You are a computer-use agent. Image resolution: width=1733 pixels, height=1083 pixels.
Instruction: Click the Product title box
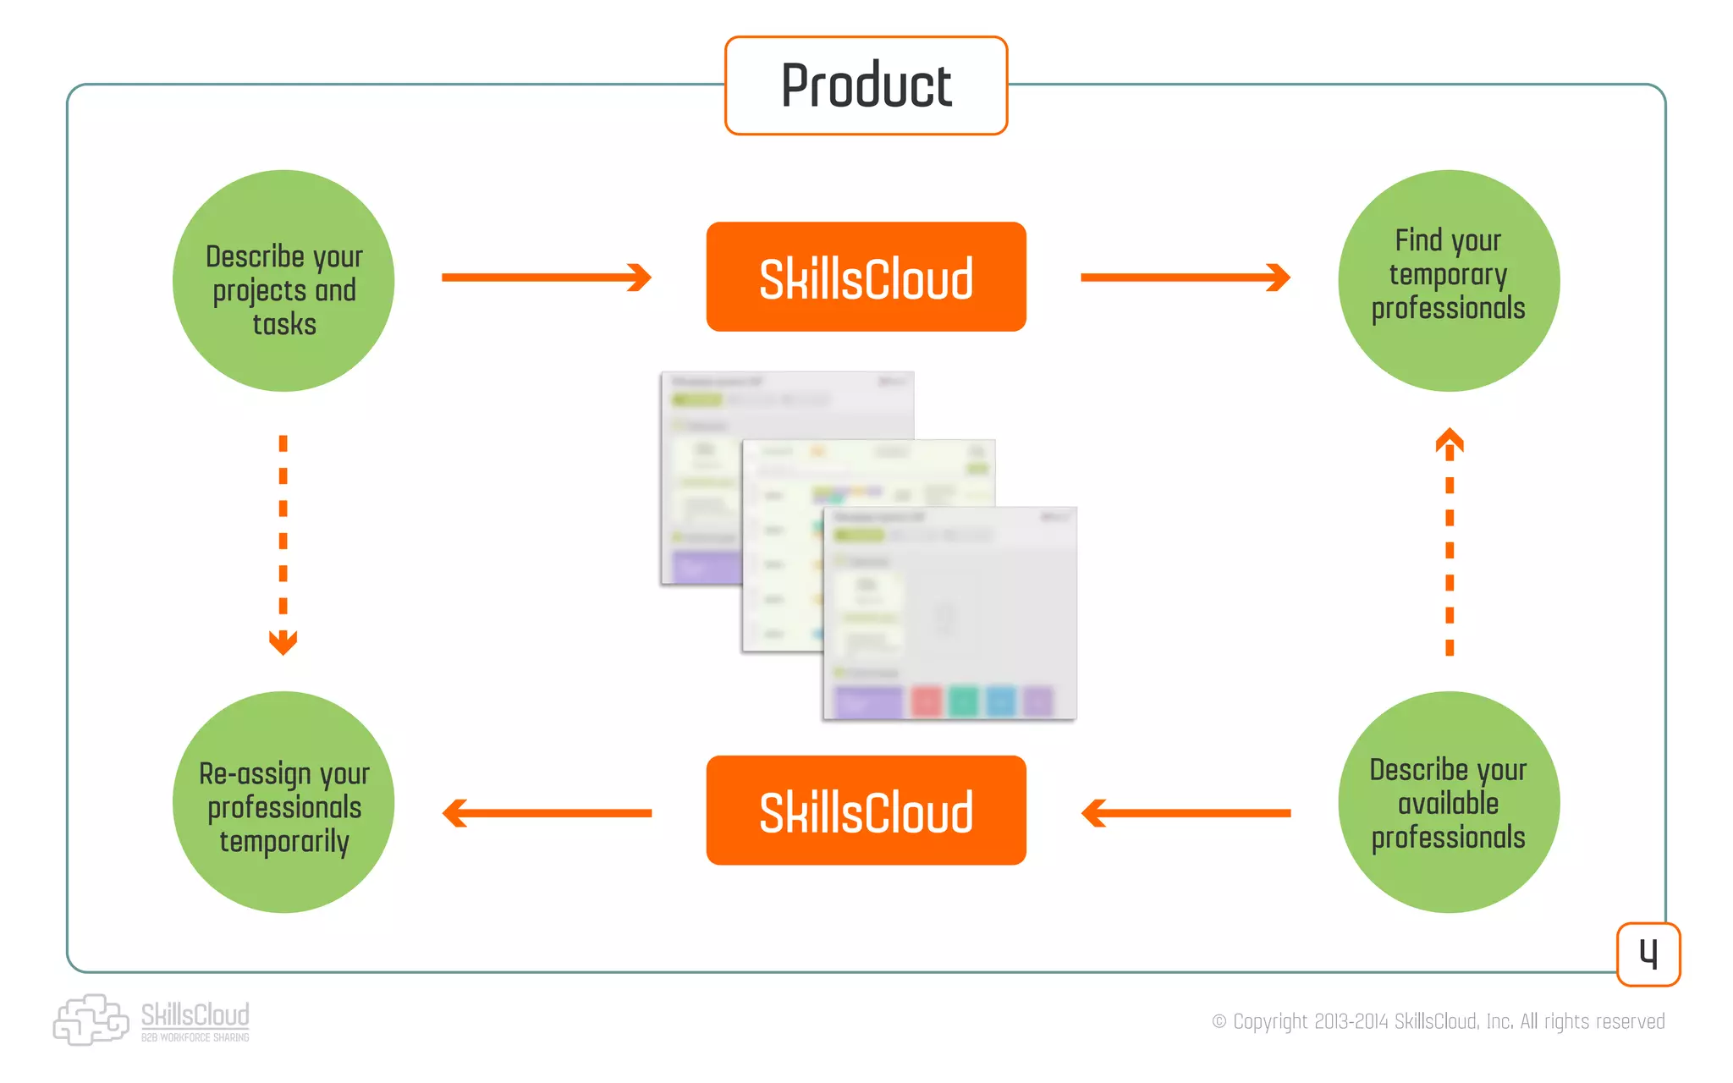click(866, 85)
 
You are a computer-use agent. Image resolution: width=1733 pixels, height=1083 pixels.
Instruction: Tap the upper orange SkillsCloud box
click(866, 277)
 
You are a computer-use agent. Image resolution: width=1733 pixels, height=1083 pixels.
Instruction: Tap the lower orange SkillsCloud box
click(866, 811)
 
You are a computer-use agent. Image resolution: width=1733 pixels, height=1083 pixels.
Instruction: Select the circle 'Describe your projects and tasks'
click(283, 281)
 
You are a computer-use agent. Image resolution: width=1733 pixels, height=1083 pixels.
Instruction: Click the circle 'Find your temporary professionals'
click(1449, 281)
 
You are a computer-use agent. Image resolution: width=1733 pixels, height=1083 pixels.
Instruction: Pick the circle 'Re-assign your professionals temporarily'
click(283, 802)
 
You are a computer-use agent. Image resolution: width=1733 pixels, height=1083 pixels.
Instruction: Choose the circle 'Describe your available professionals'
click(1449, 802)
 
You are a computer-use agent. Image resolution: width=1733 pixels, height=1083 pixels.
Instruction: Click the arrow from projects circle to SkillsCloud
click(546, 278)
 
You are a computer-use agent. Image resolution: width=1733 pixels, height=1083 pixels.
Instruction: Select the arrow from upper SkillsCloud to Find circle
click(1185, 278)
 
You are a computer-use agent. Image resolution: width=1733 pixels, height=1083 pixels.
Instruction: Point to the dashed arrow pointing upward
click(1450, 541)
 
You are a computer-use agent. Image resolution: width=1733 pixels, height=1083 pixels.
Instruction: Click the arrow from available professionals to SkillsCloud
click(1185, 813)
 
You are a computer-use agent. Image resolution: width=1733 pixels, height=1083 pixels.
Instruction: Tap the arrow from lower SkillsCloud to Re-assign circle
click(546, 813)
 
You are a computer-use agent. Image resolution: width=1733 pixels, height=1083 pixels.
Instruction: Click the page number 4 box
click(1648, 954)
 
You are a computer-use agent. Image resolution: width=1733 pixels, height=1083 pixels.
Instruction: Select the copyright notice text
click(1439, 1021)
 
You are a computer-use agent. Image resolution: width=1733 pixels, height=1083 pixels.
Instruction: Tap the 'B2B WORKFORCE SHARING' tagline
click(195, 1037)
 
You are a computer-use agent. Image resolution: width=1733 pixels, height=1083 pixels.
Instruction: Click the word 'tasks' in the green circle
click(284, 325)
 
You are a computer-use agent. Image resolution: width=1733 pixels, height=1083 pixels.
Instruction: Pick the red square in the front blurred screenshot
click(927, 701)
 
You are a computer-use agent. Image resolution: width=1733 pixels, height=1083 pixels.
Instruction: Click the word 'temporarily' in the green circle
click(284, 842)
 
